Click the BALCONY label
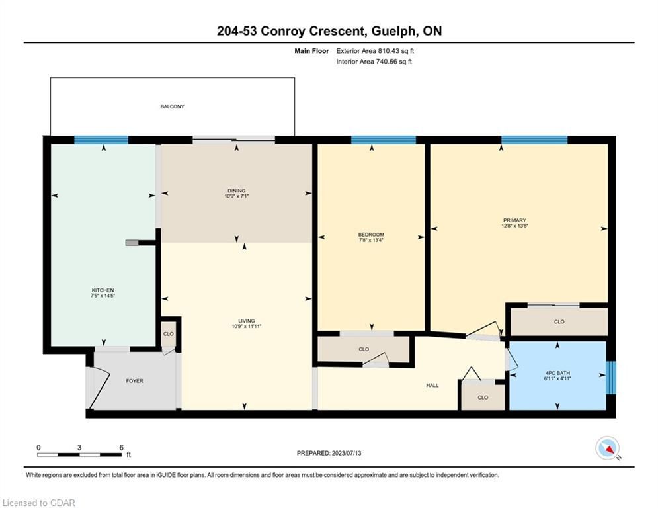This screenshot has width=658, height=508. pos(172,106)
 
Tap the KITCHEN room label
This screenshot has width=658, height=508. pos(103,290)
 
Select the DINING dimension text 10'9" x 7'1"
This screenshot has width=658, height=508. pos(237,196)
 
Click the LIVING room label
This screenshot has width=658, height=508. pos(246,321)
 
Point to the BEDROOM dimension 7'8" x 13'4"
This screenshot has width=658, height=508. pos(371,240)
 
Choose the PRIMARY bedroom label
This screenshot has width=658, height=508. pos(514,220)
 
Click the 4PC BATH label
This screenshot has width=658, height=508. pos(557,373)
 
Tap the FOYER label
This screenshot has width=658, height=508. pos(135,381)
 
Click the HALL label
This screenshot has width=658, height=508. pos(432,385)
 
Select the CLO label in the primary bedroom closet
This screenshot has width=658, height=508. pos(559,321)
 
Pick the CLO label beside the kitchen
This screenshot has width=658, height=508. pos(168,334)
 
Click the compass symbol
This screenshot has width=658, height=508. pos(608,448)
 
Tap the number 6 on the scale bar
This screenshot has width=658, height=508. pos(121,448)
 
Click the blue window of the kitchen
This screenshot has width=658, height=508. pos(101,140)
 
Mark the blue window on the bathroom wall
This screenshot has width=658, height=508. pos(612,378)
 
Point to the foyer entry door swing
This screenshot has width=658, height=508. pos(99,387)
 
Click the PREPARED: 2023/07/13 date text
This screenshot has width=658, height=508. pos(329,453)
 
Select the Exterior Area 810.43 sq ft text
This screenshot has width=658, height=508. pos(375,51)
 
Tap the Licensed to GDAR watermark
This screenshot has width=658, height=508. pos(38,503)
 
